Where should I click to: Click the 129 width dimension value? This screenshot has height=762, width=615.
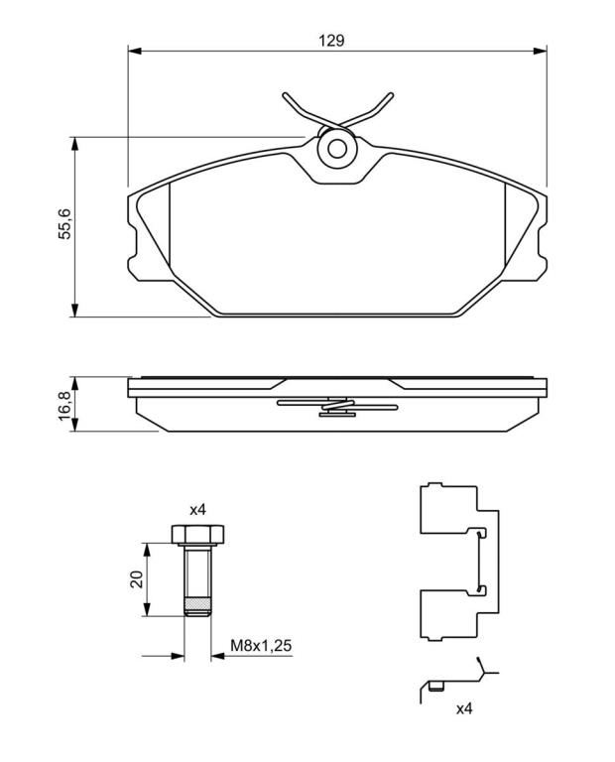pos(331,40)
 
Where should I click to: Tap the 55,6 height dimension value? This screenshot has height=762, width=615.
pos(64,223)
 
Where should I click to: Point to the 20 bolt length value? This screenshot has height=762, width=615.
pos(138,579)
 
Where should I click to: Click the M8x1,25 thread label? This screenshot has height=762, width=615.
pos(261,645)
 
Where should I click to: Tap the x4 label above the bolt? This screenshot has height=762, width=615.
pos(197,510)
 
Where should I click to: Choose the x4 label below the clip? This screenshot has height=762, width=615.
pos(464,708)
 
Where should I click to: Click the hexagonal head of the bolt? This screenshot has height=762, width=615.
pos(197,534)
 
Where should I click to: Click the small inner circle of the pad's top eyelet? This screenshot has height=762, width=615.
pos(337,149)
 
